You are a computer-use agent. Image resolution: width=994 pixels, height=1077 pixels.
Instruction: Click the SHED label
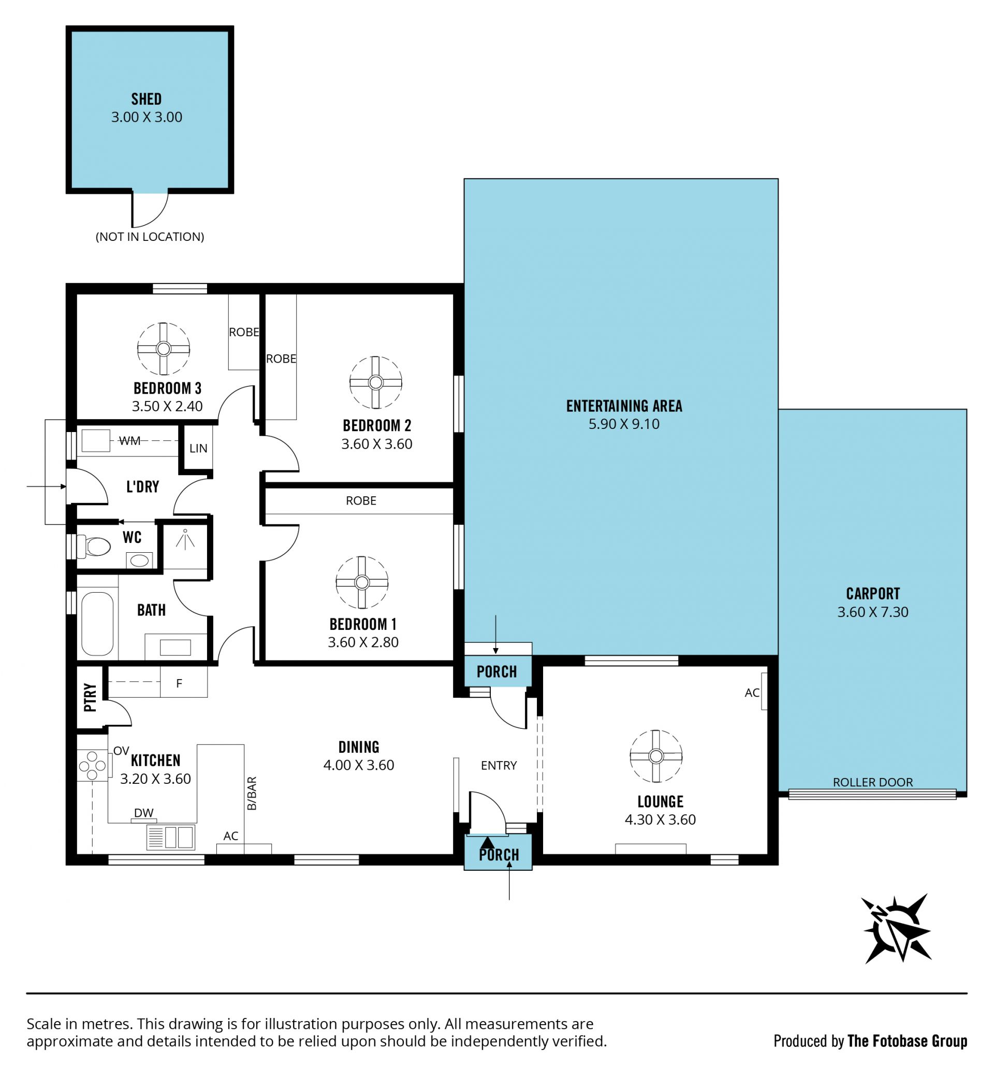(x=147, y=99)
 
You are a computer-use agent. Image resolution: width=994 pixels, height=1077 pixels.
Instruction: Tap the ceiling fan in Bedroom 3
(x=164, y=349)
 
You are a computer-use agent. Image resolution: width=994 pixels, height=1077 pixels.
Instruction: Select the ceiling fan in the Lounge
(x=655, y=756)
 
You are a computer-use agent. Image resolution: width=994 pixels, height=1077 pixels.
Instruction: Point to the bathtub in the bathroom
(x=97, y=624)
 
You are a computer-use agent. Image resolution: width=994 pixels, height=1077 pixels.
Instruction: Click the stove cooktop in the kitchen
(x=93, y=765)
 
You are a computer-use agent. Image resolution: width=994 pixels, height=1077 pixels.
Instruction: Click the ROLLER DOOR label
(x=872, y=782)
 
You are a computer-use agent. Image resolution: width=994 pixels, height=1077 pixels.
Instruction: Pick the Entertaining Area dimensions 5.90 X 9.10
(x=624, y=424)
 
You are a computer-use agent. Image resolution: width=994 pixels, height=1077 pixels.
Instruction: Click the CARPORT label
(x=872, y=594)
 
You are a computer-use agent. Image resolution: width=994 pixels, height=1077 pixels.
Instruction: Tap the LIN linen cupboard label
(x=198, y=448)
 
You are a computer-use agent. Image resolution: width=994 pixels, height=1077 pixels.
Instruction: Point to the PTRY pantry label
(x=91, y=698)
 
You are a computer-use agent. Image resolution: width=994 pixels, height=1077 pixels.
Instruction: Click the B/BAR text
(x=252, y=793)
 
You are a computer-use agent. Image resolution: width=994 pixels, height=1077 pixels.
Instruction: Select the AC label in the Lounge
(x=752, y=693)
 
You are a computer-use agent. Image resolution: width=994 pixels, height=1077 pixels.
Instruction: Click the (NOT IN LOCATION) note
(x=150, y=237)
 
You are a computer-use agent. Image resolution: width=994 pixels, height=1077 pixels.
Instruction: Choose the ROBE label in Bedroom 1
(x=361, y=500)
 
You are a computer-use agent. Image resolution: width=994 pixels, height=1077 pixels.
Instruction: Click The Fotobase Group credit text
(x=908, y=1041)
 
